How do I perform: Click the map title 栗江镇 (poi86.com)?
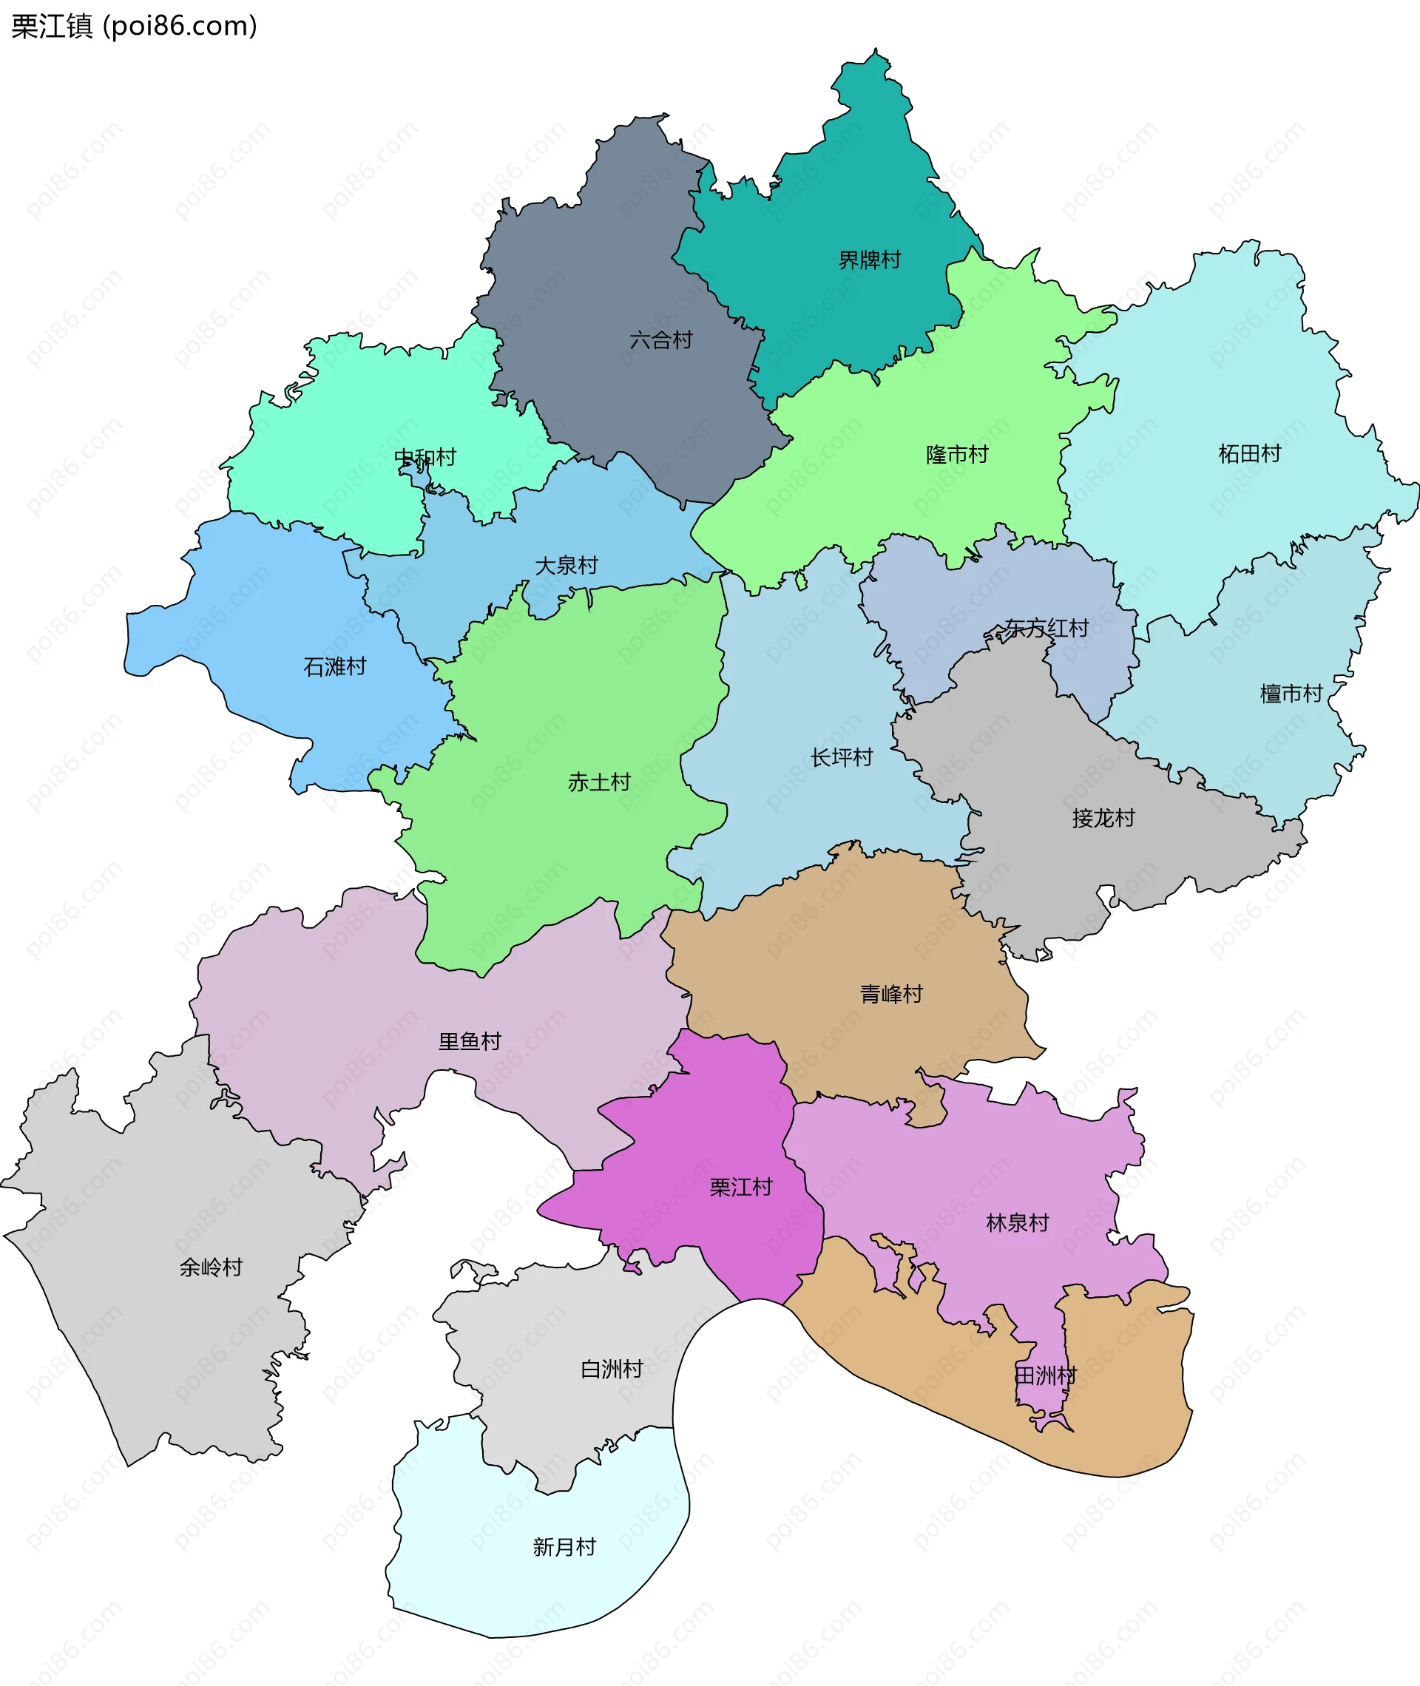tap(134, 26)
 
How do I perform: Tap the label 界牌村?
tap(870, 260)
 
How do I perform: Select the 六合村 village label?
tap(661, 339)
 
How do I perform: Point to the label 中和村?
tap(425, 457)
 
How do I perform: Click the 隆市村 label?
tap(957, 455)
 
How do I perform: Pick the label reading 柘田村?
tap(1249, 454)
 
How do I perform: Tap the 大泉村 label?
tap(567, 565)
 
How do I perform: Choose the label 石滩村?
tap(335, 666)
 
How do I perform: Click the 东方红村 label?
tap(1047, 628)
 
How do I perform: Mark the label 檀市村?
tap(1291, 694)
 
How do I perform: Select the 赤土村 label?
tap(599, 782)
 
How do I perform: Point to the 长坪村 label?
tap(841, 757)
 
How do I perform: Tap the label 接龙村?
tap(1103, 819)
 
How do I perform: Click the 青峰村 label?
tap(891, 994)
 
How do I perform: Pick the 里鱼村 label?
tap(470, 1041)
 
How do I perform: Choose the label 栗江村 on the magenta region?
tap(740, 1187)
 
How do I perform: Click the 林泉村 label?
tap(1018, 1223)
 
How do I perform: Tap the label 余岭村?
tap(211, 1267)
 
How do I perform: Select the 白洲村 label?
tap(612, 1369)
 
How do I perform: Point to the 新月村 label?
tap(564, 1547)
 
